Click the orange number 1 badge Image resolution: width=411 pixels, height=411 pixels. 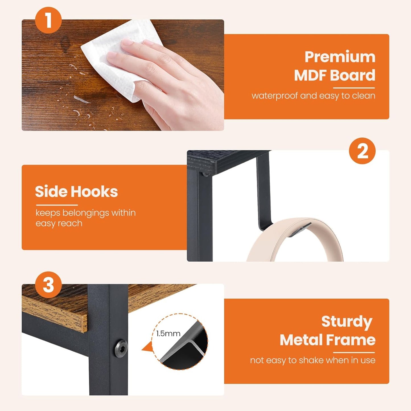click(x=48, y=20)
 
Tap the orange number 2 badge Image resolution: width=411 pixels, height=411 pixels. click(x=362, y=151)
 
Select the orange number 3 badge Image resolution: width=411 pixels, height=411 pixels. click(x=48, y=285)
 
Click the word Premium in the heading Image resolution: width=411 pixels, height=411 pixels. click(x=340, y=57)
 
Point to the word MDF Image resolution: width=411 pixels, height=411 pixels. click(x=310, y=75)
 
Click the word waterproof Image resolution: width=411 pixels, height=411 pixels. click(x=274, y=96)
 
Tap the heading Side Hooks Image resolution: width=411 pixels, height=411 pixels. click(x=76, y=191)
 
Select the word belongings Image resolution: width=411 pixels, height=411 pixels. click(x=86, y=213)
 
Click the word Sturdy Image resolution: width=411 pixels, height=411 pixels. click(x=346, y=322)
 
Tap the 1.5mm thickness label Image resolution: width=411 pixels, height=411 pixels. click(x=168, y=333)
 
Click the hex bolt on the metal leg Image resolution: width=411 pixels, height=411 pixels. click(x=121, y=348)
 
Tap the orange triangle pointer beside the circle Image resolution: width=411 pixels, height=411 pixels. click(x=147, y=348)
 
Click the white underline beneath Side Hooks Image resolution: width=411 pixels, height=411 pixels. click(x=57, y=205)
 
